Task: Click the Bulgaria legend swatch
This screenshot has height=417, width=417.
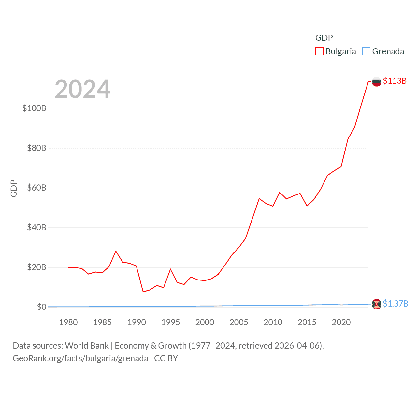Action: (x=319, y=51)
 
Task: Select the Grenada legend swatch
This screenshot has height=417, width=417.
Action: (x=366, y=51)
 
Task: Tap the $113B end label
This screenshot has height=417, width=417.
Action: (x=395, y=81)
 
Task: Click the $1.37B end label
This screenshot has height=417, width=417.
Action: (x=395, y=304)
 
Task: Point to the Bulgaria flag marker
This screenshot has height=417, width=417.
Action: (x=376, y=81)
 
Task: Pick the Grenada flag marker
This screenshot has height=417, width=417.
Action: (x=376, y=304)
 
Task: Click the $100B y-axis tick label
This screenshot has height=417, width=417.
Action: (x=34, y=108)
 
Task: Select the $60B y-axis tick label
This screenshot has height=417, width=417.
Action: (x=36, y=188)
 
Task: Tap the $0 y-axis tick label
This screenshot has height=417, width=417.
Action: (x=41, y=307)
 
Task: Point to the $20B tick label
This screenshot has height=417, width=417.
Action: (x=36, y=267)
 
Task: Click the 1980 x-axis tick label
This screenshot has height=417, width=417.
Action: (x=68, y=322)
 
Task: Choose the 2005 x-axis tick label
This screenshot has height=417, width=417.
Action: (x=239, y=322)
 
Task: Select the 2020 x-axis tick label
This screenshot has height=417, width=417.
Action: (x=341, y=322)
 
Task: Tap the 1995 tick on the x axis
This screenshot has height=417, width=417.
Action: (x=171, y=322)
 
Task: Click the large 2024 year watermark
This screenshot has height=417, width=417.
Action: (x=82, y=89)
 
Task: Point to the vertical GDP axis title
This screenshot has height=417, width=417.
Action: (x=14, y=188)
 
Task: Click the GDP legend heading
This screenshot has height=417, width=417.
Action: (x=324, y=38)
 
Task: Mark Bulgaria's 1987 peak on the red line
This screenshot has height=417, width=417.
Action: (x=116, y=251)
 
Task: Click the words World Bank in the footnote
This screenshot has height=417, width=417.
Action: (x=87, y=345)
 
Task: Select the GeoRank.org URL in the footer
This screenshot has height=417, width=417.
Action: (x=80, y=358)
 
